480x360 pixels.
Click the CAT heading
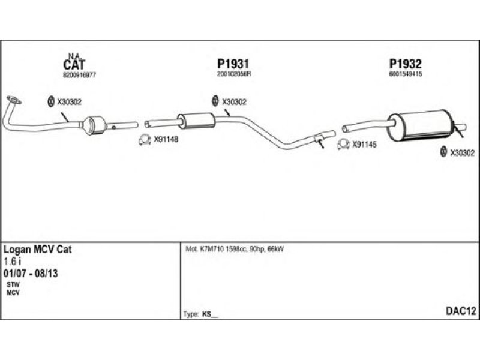coord(74,64)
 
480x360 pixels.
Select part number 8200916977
coord(79,75)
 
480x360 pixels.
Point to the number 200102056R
coord(233,75)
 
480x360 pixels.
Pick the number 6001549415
coord(406,75)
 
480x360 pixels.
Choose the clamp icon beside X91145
coord(343,144)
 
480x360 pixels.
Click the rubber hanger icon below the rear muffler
coord(443,152)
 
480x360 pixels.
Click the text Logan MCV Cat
coord(38,249)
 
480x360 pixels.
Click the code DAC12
coord(461,311)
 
